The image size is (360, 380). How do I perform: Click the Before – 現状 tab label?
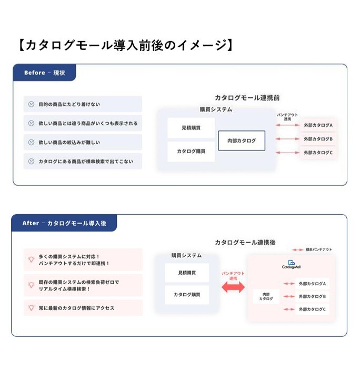[x=44, y=73]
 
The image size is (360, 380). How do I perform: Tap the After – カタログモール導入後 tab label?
[x=64, y=223]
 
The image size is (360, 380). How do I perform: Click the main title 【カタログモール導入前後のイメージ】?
[x=125, y=45]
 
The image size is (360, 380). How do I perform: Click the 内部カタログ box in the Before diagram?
[x=242, y=141]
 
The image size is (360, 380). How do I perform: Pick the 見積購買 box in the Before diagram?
[x=191, y=128]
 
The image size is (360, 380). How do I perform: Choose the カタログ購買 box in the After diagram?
[x=187, y=294]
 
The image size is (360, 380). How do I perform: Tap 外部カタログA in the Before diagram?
[x=318, y=125]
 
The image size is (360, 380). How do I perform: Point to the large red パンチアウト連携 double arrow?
[x=233, y=287]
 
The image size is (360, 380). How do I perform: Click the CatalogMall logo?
[x=291, y=264]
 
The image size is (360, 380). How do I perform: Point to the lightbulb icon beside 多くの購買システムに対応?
[x=31, y=259]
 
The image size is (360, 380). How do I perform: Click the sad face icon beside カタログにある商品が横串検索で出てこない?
[x=32, y=161]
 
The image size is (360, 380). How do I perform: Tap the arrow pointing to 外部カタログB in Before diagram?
[x=287, y=139]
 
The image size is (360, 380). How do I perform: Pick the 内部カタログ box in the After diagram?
[x=266, y=296]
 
